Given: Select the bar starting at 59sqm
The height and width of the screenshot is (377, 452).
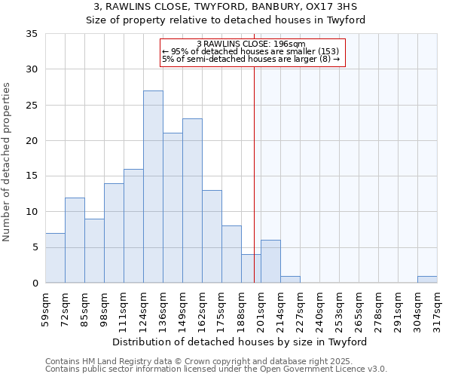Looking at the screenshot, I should coord(55,258).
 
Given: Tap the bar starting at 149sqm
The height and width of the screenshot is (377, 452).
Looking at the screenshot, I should coord(192,201).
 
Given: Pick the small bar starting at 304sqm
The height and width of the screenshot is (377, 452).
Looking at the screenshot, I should coord(427,279).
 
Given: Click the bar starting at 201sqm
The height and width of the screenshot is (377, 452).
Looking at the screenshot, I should coord(270,262).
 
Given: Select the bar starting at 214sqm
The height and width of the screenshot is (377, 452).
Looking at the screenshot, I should coord(290,279).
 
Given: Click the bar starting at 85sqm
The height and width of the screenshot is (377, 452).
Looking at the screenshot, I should coord(94,250).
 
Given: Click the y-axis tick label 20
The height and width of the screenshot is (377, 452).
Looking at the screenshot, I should coord(31,141).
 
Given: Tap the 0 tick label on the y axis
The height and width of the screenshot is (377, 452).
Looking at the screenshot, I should coord(34,284).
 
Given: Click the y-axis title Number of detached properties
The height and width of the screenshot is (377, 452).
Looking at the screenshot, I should coord(8,162).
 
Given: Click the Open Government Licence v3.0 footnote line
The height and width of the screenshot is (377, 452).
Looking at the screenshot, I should coord(216,369).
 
